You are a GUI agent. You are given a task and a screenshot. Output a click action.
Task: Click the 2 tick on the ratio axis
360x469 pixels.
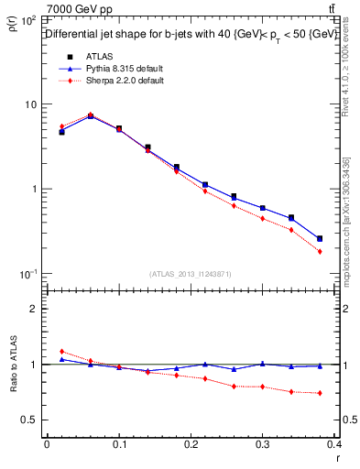tap(34, 309)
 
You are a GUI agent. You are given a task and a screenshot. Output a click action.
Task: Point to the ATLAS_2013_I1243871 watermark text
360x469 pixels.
tap(191, 274)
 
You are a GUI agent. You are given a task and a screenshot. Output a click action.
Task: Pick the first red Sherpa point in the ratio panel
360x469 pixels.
tap(61, 352)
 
